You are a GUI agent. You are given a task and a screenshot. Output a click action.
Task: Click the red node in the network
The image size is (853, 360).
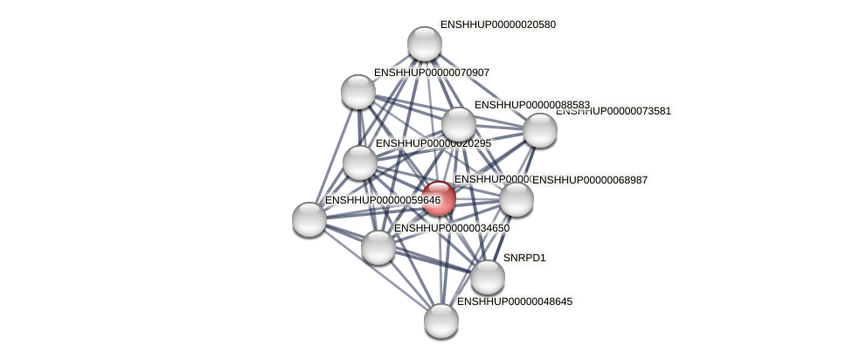pos(439,198)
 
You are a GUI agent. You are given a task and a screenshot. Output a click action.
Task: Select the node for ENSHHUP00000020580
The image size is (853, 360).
pos(425,44)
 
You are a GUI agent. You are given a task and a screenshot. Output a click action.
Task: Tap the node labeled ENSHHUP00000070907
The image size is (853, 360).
pos(358,91)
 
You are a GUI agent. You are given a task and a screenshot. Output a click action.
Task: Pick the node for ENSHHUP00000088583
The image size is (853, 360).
pos(459,124)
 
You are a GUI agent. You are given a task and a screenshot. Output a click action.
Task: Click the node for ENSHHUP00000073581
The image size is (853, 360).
pos(540,130)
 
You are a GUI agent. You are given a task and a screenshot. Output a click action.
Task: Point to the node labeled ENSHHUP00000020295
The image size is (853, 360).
pos(360,162)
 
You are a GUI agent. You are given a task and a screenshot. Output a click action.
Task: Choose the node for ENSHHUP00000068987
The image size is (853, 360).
pos(517,199)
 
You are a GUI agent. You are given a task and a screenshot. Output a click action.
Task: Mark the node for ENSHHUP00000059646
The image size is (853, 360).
pos(309,218)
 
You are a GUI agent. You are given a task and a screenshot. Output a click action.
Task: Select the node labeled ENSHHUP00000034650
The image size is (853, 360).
pos(378,246)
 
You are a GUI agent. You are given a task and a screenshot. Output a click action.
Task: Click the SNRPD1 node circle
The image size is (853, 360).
pos(488,277)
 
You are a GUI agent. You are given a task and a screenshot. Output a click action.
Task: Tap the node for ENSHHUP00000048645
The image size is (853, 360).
pos(441,320)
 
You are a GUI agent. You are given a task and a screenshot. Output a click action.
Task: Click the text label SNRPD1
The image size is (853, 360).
pos(524,258)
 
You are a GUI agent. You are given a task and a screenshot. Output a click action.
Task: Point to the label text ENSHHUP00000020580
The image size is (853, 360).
pos(498,24)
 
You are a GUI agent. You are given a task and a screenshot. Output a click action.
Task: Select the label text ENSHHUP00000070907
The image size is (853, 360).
pos(432,73)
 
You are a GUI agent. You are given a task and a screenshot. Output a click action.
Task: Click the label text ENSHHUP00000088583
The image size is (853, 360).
pos(531,105)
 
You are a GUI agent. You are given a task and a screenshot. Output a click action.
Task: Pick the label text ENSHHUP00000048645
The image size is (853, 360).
pos(515,301)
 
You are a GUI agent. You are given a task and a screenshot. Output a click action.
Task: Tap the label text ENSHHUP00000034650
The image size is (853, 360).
pos(452,228)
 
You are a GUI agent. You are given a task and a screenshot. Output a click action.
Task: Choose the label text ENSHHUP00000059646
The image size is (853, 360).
pos(383,200)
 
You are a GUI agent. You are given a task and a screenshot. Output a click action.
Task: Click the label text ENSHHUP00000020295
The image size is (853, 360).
pos(433,143)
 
